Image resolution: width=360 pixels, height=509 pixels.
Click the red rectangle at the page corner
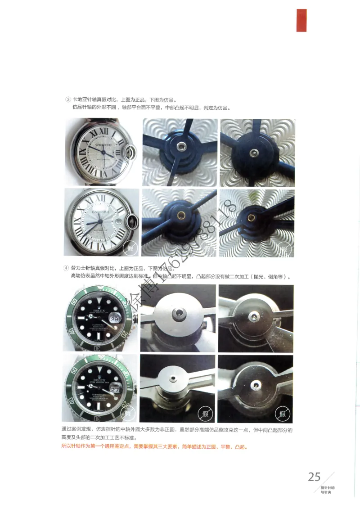[x=301, y=20]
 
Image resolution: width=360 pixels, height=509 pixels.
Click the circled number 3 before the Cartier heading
[x=68, y=99]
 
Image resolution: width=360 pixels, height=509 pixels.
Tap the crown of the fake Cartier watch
[x=133, y=221]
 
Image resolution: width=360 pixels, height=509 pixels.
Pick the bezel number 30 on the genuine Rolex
[x=96, y=348]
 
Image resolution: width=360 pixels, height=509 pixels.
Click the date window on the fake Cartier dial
[x=118, y=222]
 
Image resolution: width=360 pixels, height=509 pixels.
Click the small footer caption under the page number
[x=327, y=490]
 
